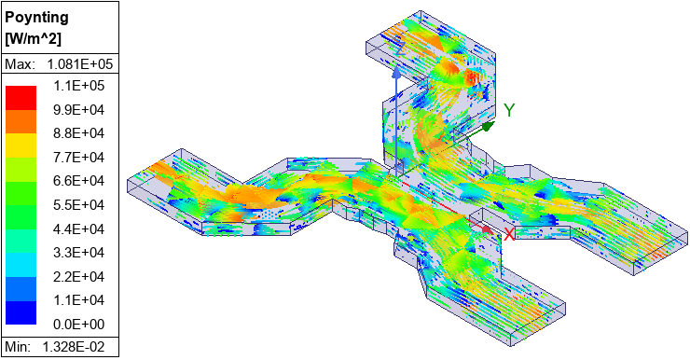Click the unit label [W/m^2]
click(x=34, y=38)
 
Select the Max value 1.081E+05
click(x=79, y=64)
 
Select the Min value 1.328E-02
click(x=79, y=348)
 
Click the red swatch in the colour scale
click(x=21, y=97)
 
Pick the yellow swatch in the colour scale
click(x=21, y=145)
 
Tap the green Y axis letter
click(x=509, y=110)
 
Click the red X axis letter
click(x=509, y=234)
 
